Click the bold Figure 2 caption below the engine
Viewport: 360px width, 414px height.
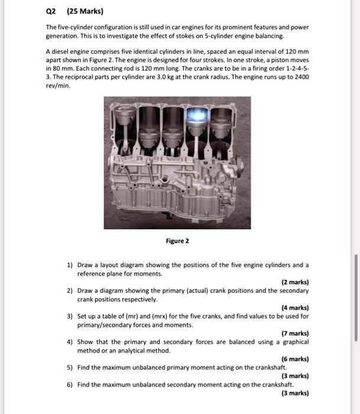point(178,241)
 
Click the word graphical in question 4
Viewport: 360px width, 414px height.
point(294,342)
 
